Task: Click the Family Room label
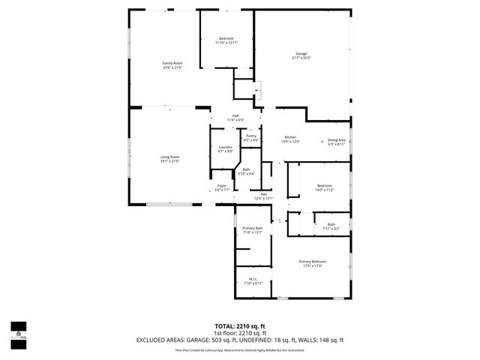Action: coord(172,65)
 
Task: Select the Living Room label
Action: coord(169,159)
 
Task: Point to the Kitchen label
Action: coord(289,139)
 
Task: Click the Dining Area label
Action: coord(337,142)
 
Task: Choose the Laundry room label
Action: coord(224,149)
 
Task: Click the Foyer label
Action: coord(222,187)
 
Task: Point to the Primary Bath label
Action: coord(253,230)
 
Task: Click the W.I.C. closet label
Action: coord(251,281)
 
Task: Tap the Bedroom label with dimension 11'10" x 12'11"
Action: coord(226,40)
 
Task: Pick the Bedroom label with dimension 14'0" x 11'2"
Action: coord(324,187)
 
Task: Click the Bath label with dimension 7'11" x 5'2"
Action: coord(331,226)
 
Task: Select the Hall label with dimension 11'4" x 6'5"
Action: coord(235,118)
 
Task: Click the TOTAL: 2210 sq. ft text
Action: coord(239,326)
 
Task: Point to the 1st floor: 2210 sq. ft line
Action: coord(239,333)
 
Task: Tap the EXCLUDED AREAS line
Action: coord(239,340)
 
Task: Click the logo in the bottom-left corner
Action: coord(18,330)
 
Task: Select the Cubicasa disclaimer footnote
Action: coord(239,349)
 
